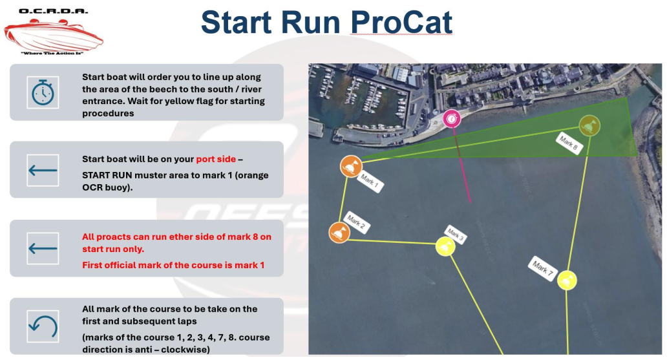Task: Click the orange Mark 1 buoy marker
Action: point(351,166)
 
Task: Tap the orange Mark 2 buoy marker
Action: point(339,233)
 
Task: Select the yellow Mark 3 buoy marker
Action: point(445,247)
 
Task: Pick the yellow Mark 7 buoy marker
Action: point(567,281)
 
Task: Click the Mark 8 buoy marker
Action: point(589,125)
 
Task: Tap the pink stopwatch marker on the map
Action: point(452,118)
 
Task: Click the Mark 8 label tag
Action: point(569,143)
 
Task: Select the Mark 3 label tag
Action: point(456,235)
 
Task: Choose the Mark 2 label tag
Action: point(356,222)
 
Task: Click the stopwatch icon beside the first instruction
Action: point(43,92)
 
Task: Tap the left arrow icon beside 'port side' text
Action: point(43,170)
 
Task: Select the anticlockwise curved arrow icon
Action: point(43,326)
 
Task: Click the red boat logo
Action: point(54,36)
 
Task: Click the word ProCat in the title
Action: point(401,22)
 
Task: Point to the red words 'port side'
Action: point(216,159)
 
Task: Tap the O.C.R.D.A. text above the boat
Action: point(54,11)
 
